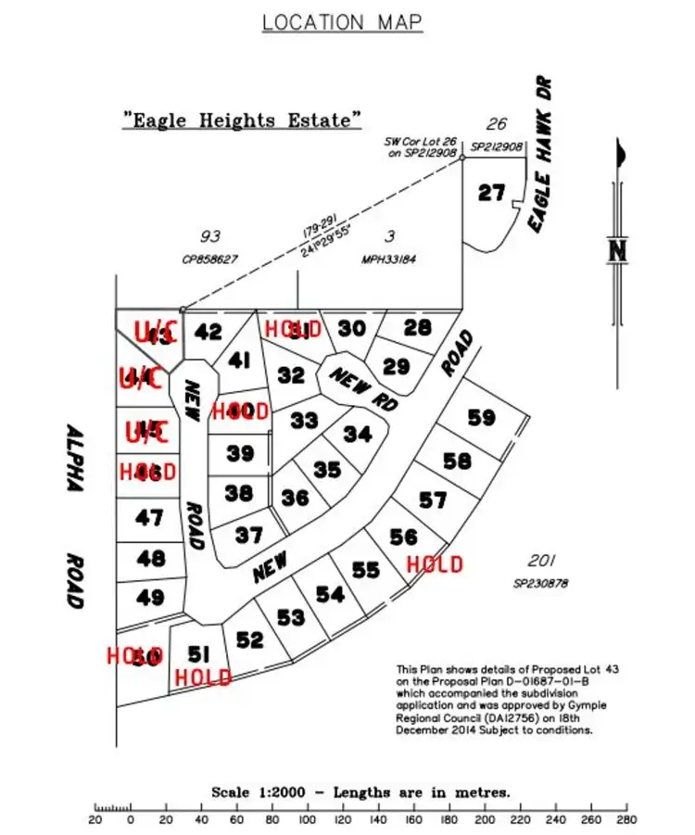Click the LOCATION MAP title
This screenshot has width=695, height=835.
[342, 21]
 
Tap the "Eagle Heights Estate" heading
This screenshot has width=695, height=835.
[242, 120]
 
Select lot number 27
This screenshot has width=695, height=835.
[491, 193]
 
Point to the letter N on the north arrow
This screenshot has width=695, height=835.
[618, 250]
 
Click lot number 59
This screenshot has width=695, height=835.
[481, 418]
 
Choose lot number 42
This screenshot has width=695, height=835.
[209, 332]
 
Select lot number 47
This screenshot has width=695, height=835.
[149, 518]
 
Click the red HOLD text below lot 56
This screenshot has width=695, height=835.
[435, 563]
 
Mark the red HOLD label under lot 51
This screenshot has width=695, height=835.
[203, 678]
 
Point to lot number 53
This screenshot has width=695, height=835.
[290, 616]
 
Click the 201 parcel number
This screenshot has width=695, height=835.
[540, 562]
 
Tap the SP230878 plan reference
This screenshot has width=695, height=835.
[540, 584]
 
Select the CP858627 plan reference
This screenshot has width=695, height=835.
[209, 260]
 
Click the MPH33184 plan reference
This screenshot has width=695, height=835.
[388, 260]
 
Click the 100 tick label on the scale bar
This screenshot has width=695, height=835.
[307, 820]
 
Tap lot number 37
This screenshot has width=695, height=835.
[248, 535]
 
